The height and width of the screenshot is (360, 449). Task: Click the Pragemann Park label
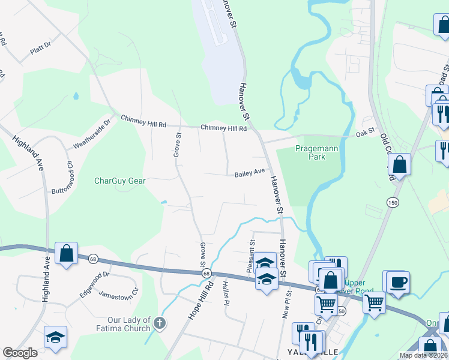tap(318, 152)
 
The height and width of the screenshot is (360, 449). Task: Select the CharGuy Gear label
tap(120, 180)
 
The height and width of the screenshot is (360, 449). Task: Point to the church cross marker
tap(159, 323)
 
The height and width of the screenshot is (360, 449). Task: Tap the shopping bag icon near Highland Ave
tap(66, 253)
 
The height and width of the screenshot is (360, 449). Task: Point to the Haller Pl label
tap(225, 293)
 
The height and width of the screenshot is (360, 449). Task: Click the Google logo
tap(20, 353)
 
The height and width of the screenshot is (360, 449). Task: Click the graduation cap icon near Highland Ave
tap(55, 337)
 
